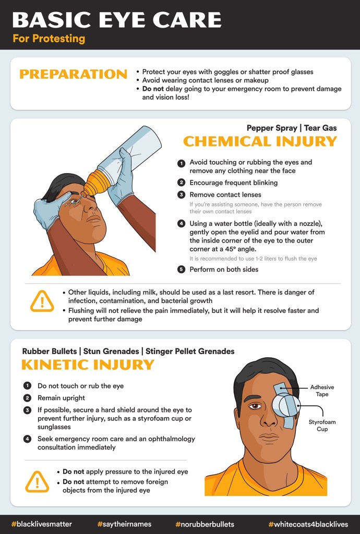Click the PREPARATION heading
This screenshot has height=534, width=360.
click(73, 74)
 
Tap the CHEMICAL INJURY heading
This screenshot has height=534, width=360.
click(260, 141)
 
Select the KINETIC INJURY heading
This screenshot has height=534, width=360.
click(88, 364)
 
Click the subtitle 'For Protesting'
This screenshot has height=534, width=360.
click(49, 39)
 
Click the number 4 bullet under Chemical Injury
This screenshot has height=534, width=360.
click(181, 224)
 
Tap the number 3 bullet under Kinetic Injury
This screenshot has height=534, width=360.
click(27, 410)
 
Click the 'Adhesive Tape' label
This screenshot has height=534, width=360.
click(322, 391)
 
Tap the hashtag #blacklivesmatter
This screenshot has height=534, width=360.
click(42, 524)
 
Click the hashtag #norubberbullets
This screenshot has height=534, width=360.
click(205, 524)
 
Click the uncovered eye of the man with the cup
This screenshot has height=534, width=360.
click(255, 406)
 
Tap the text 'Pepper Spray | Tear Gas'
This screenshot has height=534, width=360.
click(292, 128)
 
